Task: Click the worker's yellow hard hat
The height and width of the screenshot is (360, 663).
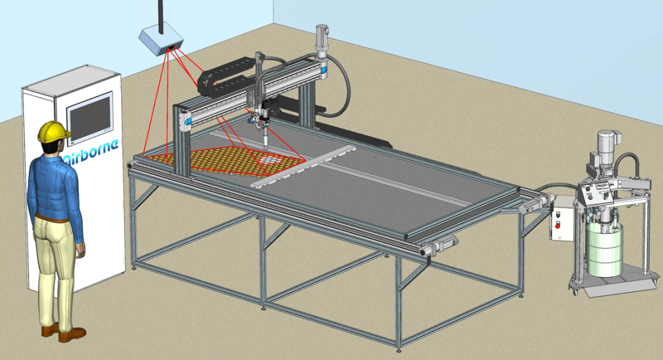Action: click(53, 131)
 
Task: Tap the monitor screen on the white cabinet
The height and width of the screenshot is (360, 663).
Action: click(90, 118)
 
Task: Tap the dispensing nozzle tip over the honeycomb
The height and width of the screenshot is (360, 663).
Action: click(265, 147)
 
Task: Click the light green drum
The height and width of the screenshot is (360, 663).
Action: click(604, 249)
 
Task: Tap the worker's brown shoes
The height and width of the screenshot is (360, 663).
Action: click(65, 333)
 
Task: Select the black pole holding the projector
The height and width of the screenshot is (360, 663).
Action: click(159, 13)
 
